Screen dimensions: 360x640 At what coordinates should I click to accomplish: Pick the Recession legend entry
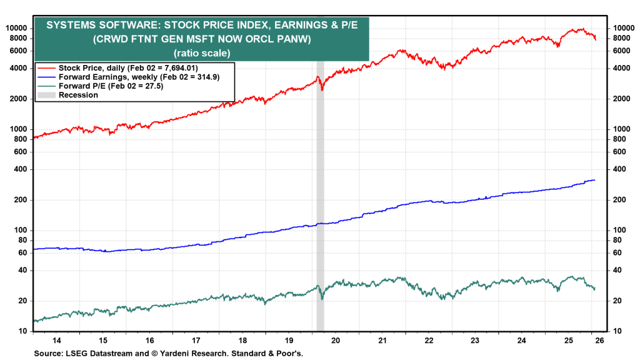click(x=78, y=95)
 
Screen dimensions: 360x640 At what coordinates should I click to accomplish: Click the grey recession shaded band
click(x=320, y=187)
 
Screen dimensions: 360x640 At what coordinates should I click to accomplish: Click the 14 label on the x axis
click(x=56, y=340)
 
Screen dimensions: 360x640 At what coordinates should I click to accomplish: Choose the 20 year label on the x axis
click(x=336, y=340)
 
